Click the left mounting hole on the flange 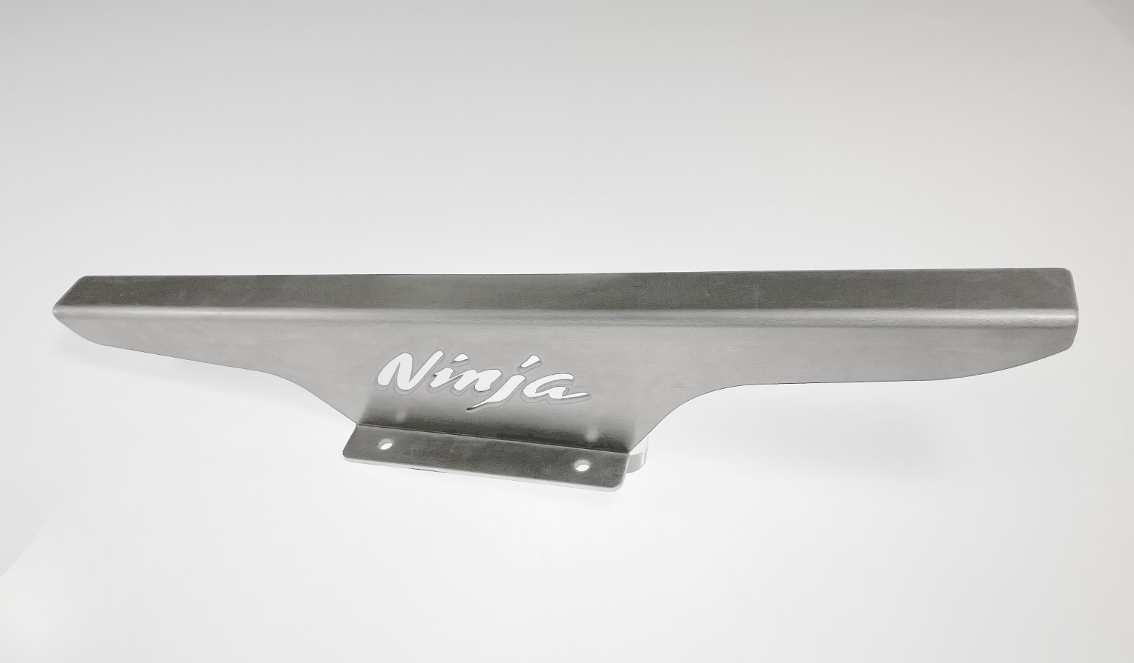pos(387,446)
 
